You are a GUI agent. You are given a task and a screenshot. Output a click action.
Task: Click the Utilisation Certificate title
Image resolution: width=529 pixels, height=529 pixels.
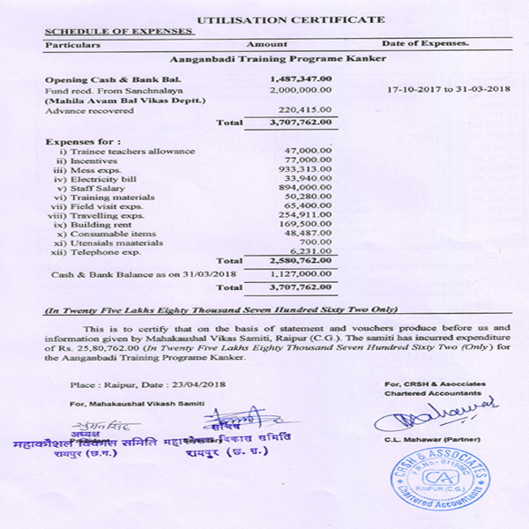coord(290,19)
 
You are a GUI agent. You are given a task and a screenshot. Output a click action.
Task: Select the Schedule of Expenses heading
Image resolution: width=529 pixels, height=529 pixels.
coord(118,31)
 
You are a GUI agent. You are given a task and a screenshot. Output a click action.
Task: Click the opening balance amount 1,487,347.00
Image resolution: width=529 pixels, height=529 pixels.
coord(301,79)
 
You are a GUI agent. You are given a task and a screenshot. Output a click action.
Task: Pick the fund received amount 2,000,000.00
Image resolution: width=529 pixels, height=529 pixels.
coord(301,90)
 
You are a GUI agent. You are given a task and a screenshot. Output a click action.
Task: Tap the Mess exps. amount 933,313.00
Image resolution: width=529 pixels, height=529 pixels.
coord(305,169)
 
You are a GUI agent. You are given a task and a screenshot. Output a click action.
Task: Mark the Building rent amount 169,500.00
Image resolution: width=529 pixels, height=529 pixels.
coord(305,224)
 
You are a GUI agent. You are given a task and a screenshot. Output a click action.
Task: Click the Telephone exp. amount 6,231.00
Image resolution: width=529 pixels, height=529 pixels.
coord(313,251)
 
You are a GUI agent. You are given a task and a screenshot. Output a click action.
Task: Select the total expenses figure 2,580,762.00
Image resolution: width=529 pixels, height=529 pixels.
coord(301,262)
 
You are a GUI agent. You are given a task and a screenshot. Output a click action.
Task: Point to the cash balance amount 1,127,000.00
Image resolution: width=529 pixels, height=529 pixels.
coord(301,274)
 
